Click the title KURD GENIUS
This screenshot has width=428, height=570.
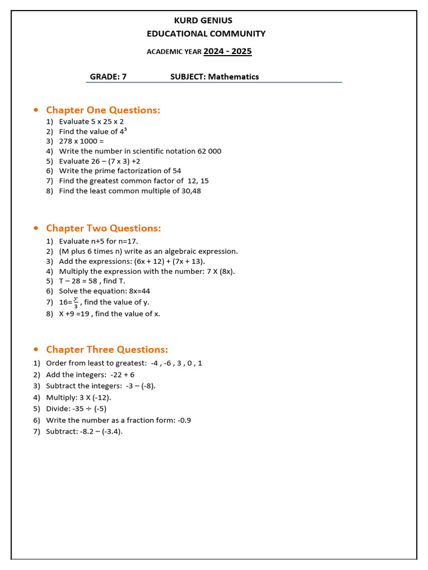(x=203, y=21)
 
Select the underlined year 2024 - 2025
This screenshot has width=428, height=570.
(x=227, y=52)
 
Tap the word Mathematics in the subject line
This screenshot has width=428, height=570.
(x=234, y=77)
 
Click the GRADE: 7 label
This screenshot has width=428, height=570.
(x=108, y=77)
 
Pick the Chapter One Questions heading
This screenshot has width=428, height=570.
(x=103, y=110)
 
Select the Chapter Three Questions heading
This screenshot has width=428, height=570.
(x=107, y=350)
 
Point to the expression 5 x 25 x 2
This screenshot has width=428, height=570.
(x=108, y=121)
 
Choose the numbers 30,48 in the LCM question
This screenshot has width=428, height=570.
(x=190, y=191)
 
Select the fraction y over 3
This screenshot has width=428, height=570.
(x=76, y=302)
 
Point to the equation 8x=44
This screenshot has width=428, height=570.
(x=139, y=291)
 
